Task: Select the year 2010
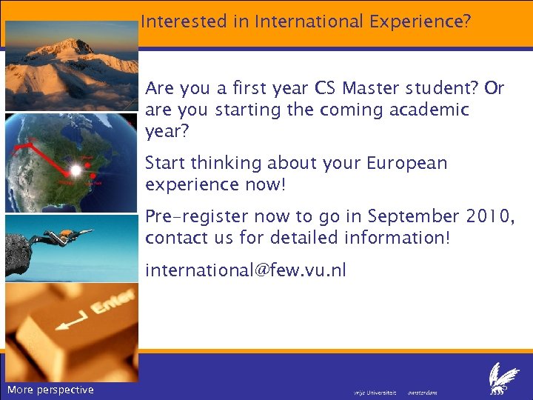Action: coord(485,216)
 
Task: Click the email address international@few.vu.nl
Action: coord(245,270)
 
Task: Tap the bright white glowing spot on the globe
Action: coord(76,170)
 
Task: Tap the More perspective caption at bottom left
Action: coord(50,390)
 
